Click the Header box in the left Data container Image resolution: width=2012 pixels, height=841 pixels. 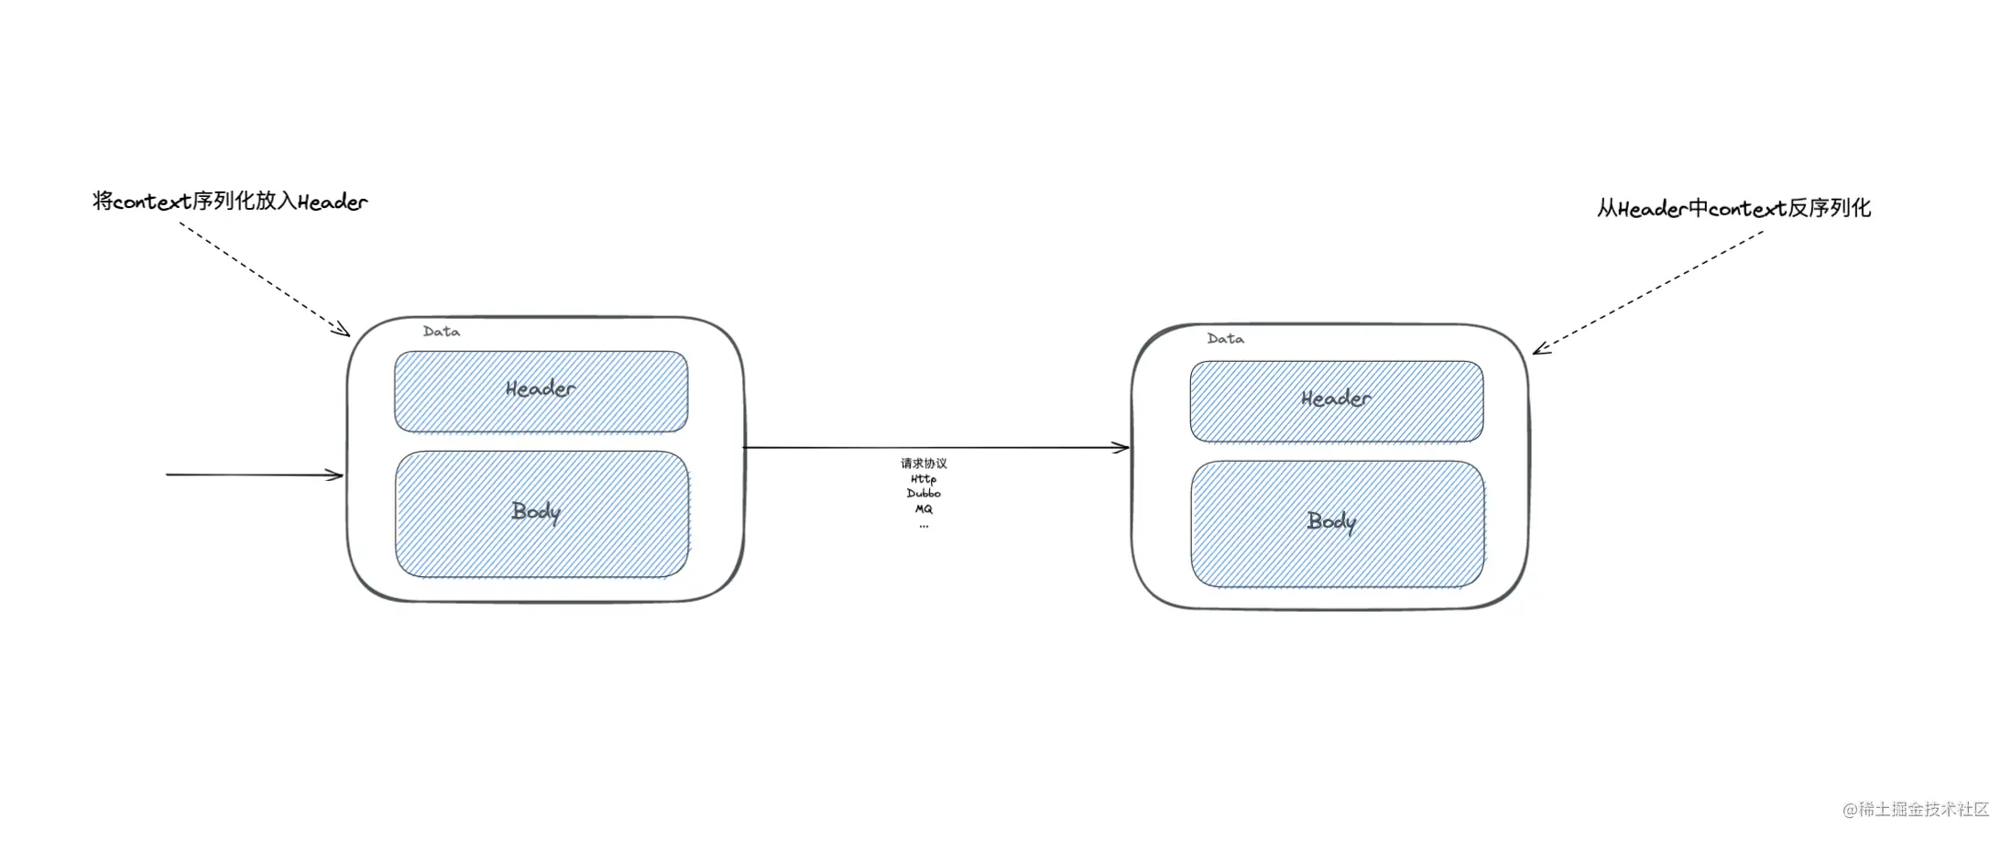(541, 391)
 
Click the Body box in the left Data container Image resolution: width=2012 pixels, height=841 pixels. (542, 514)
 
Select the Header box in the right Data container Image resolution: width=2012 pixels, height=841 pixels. (1337, 401)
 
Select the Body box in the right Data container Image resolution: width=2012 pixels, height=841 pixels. (1338, 524)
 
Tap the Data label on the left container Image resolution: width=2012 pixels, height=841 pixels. (442, 332)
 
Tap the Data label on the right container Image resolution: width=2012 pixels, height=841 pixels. (1226, 339)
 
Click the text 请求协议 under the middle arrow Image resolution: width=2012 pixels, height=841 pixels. (924, 464)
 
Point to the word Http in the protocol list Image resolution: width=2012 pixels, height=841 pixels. (924, 479)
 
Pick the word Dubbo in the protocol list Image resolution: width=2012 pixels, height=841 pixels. (924, 494)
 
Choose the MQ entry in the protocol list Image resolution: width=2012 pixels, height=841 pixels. (924, 509)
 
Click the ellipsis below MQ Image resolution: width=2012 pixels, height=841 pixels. (924, 526)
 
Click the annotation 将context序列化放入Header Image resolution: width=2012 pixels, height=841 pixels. (230, 202)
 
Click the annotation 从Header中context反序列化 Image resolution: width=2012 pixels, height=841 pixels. (1734, 208)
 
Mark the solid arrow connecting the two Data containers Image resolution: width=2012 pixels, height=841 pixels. (936, 448)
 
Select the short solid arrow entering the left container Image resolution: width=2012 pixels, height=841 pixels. (255, 475)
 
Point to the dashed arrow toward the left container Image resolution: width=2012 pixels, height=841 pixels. (265, 279)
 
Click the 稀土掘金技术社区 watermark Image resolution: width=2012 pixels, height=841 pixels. (1916, 810)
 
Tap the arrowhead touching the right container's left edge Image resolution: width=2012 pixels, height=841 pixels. (1122, 448)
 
